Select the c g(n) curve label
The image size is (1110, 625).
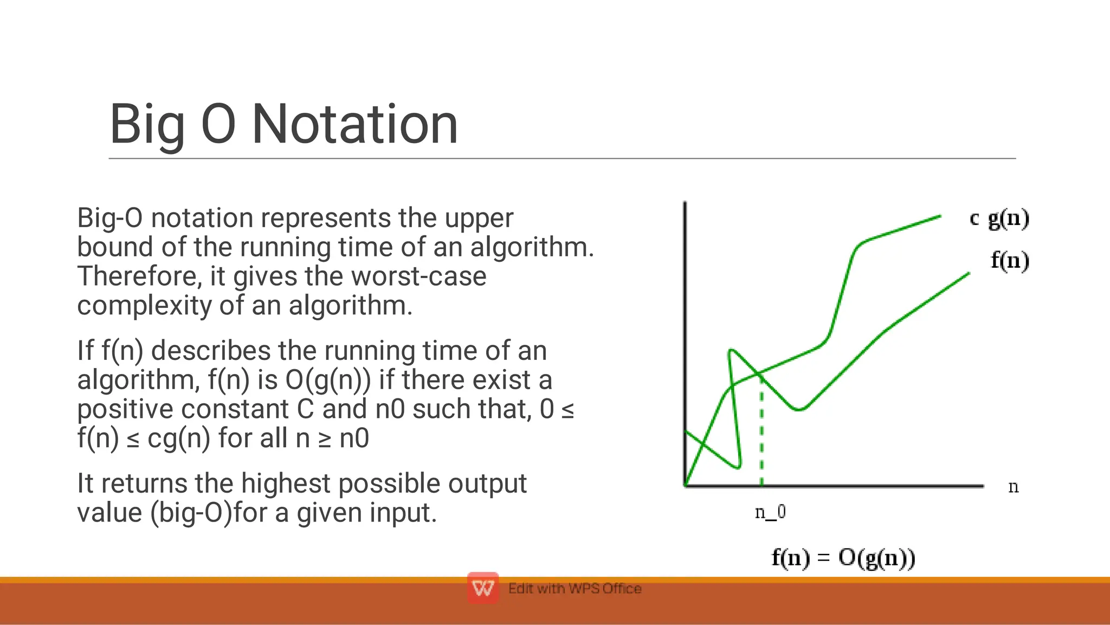click(999, 218)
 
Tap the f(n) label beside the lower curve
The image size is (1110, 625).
click(1010, 261)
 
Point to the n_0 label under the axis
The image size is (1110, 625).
click(770, 512)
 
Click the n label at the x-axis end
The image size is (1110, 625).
click(1013, 487)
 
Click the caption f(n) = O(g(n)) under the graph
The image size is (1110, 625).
click(843, 558)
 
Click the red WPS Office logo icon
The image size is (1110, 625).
click(482, 588)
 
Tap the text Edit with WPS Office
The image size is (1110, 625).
click(575, 589)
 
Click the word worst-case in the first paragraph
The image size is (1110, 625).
click(418, 276)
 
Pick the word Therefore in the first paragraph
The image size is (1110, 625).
click(139, 276)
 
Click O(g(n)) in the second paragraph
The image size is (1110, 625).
click(328, 379)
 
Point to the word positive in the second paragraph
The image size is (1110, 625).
click(125, 409)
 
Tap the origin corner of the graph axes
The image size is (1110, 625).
click(686, 486)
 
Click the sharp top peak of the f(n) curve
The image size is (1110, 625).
click(731, 351)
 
